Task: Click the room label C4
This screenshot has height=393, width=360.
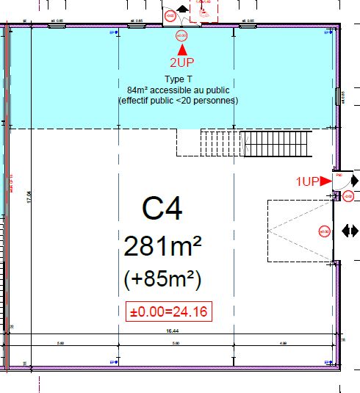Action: tap(162, 209)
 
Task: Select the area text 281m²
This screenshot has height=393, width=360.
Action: tap(162, 246)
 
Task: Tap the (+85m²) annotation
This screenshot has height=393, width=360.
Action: tap(163, 281)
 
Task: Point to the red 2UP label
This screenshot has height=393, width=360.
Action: tap(181, 62)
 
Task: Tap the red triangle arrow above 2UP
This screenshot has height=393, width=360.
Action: tap(181, 49)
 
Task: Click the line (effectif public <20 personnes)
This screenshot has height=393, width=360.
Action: tap(179, 100)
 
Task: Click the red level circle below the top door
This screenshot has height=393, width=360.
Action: tap(181, 35)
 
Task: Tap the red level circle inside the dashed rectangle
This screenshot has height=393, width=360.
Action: tap(323, 231)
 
